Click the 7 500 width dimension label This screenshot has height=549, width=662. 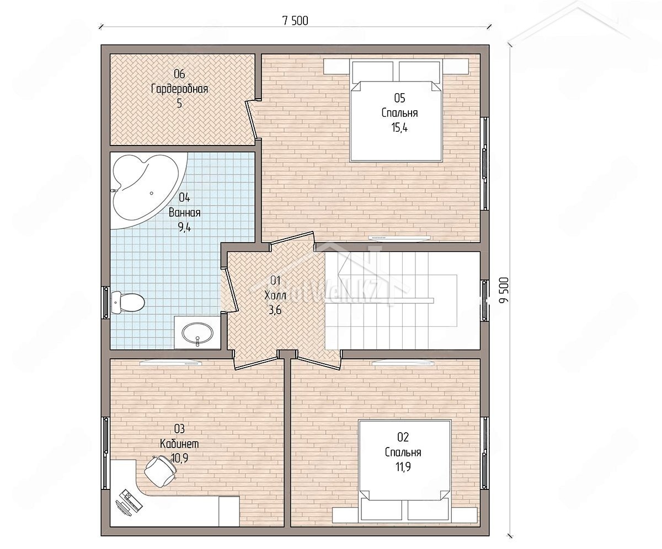(295, 21)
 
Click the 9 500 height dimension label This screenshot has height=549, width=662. (504, 290)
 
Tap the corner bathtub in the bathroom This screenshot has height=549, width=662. (148, 191)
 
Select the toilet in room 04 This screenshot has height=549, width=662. (128, 302)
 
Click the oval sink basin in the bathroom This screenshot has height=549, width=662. (196, 333)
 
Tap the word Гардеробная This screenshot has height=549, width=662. (179, 89)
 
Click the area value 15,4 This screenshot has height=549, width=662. (399, 128)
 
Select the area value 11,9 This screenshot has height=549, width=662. (403, 467)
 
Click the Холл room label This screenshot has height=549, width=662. (275, 295)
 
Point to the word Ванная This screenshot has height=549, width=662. (184, 212)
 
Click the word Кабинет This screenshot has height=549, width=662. (179, 444)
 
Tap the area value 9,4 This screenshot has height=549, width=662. (184, 227)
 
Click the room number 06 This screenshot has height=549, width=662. (179, 74)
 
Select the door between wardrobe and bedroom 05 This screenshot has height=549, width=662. (253, 120)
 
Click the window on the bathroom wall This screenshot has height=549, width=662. (105, 303)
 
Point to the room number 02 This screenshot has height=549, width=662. (403, 437)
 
